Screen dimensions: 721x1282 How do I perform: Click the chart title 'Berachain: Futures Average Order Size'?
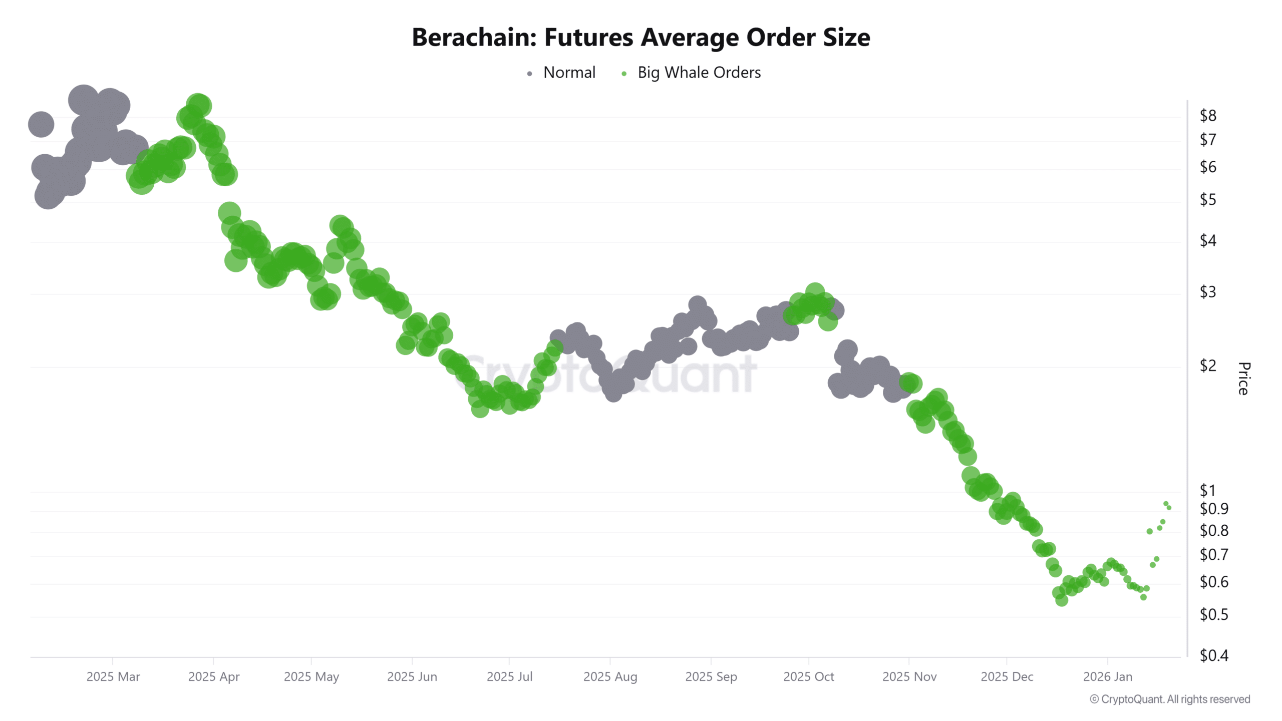[x=640, y=38]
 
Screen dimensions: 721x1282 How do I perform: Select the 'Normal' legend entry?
[x=569, y=73]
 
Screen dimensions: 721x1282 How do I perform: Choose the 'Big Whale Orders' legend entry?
[x=699, y=73]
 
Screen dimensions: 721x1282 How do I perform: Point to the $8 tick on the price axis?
[x=1207, y=116]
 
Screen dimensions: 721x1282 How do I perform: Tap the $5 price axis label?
[x=1207, y=200]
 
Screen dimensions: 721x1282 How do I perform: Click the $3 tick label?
[x=1207, y=292]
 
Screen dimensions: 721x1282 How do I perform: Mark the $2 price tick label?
[x=1207, y=366]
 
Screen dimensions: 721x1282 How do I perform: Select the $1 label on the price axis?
[x=1207, y=491]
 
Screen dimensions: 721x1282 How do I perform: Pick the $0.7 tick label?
[x=1213, y=555]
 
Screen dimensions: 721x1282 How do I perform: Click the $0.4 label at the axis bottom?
[x=1213, y=655]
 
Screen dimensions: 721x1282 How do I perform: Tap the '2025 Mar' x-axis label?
[x=113, y=677]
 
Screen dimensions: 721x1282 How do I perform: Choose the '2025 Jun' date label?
[x=412, y=677]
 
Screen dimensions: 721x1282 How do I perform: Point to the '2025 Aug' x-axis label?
[x=610, y=677]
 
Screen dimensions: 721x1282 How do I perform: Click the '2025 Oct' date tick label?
[x=808, y=677]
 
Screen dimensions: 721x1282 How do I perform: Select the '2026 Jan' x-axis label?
[x=1107, y=677]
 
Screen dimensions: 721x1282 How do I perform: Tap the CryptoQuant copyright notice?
[x=1170, y=699]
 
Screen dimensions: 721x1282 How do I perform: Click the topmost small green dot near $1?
[x=1166, y=504]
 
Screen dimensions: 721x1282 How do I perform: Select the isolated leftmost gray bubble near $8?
[x=41, y=124]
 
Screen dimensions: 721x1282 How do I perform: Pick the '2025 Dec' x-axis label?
[x=1007, y=677]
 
